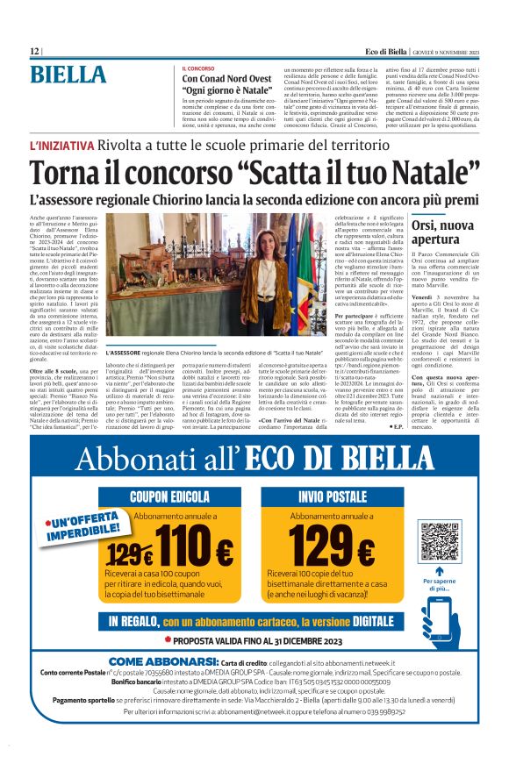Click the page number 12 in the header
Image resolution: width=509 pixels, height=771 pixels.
point(34,52)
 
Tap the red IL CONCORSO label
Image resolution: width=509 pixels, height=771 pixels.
point(198,68)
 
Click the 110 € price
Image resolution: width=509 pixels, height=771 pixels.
point(197,553)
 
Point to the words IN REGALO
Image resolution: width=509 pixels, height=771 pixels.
point(133,621)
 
